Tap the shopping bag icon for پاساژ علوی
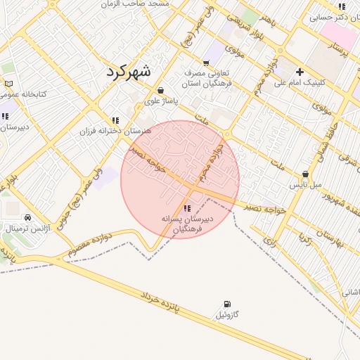point(162,90)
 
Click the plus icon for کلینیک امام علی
point(300,72)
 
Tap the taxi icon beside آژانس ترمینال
point(27,217)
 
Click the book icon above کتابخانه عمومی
point(8,83)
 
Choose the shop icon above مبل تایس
point(305,174)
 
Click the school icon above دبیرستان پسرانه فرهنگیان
point(186,208)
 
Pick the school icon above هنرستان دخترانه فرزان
point(115,120)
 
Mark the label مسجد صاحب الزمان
point(160,4)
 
